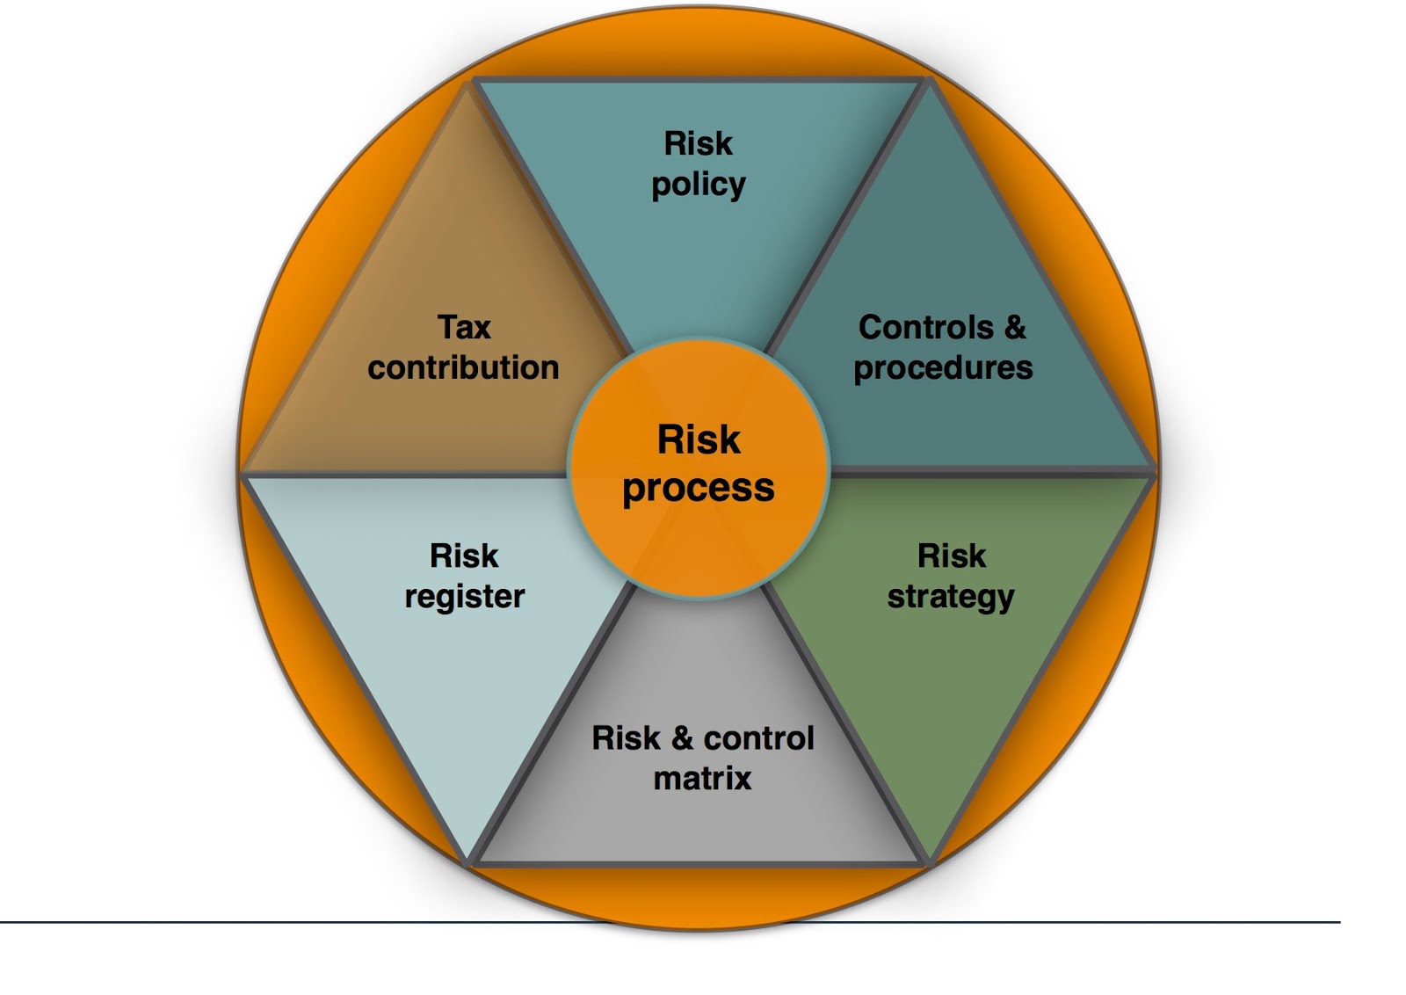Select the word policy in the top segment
coord(699,185)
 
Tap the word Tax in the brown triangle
coord(464,327)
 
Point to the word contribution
coord(463,367)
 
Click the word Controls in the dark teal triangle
coord(925,327)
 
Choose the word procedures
coord(943,368)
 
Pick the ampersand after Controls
coord(1015,327)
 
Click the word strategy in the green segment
coord(951,597)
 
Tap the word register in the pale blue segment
coord(464,597)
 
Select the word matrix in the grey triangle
coord(702,778)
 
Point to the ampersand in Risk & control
coord(682,738)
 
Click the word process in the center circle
coord(699,489)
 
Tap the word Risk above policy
coord(699,143)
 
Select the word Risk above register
coord(464,556)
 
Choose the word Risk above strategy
coord(952,556)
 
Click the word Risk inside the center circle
coord(699,439)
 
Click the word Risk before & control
coord(626,738)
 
